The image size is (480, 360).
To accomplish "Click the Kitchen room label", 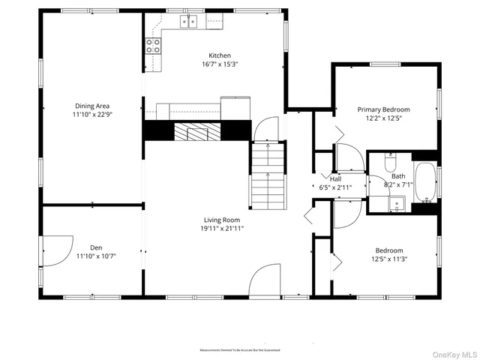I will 219,55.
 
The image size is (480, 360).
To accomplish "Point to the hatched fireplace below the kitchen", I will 198,132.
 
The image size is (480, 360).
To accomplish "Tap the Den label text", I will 96,247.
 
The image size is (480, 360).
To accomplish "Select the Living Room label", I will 221,220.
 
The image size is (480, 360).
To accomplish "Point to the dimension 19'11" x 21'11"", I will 221,229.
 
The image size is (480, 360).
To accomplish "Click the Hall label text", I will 335,180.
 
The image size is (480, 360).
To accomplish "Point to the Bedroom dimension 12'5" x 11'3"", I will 389,259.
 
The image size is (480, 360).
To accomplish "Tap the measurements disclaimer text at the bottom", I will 239,350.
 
